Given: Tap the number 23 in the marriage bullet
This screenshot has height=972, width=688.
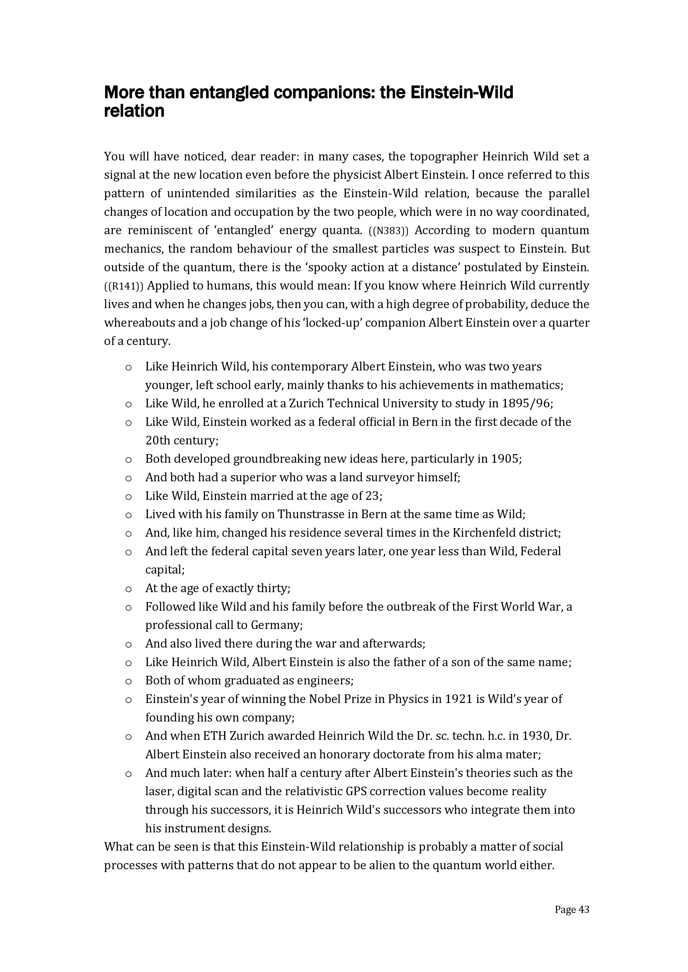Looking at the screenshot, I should click(373, 496).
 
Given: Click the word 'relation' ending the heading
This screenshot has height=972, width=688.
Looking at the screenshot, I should click(134, 111).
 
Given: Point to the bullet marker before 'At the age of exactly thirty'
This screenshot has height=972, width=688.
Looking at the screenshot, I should click(128, 589).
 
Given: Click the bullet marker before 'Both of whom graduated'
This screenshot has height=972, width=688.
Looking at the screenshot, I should click(128, 681).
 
